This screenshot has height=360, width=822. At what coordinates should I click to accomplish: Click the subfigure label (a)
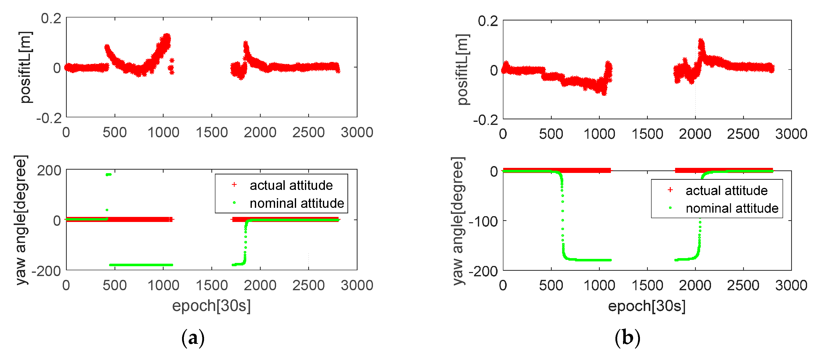(193, 338)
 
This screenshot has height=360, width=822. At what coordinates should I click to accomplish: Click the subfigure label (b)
(627, 338)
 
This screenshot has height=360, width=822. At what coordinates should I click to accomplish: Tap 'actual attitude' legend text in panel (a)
(291, 185)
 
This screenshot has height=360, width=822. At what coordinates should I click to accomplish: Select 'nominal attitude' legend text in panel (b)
(732, 208)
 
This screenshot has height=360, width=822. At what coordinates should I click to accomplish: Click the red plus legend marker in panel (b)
(670, 190)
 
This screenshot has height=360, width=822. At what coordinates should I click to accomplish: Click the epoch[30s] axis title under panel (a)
(211, 306)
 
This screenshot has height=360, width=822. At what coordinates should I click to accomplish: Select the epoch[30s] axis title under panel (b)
(647, 306)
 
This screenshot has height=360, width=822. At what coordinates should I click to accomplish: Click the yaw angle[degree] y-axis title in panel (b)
(458, 221)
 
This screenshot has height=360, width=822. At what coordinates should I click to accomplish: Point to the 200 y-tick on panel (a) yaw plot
(49, 170)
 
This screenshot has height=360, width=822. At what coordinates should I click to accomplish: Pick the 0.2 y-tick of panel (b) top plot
(487, 21)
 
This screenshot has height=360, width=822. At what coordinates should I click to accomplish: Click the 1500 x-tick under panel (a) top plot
(212, 132)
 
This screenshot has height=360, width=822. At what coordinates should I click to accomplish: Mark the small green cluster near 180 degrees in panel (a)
(108, 175)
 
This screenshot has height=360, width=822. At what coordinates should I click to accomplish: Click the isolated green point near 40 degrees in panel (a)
(107, 210)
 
